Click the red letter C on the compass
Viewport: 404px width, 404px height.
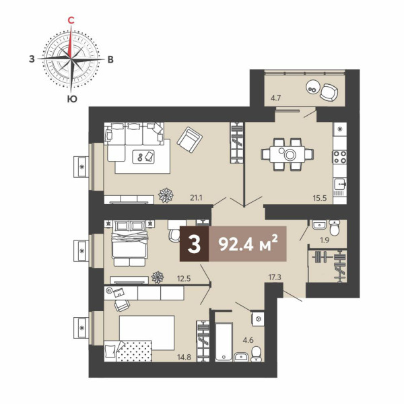(71, 20)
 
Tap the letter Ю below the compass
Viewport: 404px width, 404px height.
(72, 99)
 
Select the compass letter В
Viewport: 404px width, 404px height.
(110, 59)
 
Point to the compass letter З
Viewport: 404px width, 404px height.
(32, 59)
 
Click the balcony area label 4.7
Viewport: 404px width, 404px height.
(275, 98)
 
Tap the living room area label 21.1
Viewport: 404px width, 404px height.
(197, 198)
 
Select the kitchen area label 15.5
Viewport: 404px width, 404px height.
(320, 198)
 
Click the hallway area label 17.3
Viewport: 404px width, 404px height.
(275, 277)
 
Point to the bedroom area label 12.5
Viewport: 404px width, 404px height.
(184, 278)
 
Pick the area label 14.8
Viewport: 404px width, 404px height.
(184, 357)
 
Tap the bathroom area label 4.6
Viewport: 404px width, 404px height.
(248, 340)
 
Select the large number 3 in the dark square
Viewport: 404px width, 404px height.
(194, 244)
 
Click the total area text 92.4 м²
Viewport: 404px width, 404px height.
(248, 244)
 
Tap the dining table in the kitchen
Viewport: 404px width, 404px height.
(288, 155)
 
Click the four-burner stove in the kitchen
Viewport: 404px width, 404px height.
(340, 157)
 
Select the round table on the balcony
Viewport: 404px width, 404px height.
(313, 88)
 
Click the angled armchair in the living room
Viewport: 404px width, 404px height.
(190, 140)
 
